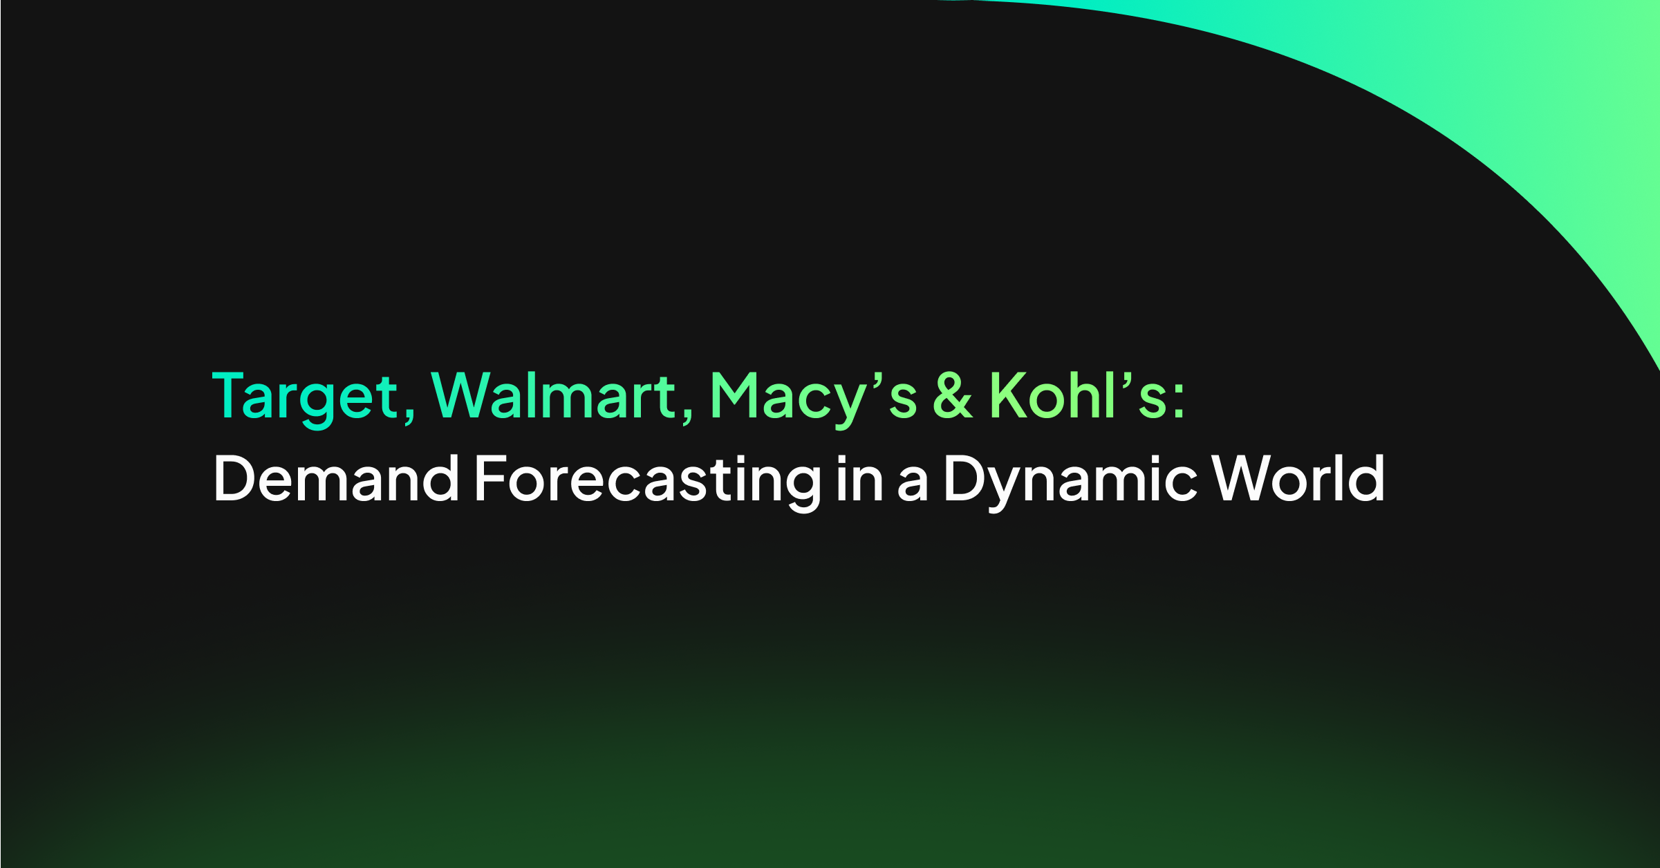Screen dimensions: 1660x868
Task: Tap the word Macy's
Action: point(814,399)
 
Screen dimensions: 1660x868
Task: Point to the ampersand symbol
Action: point(953,395)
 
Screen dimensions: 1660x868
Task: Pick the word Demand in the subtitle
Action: point(337,478)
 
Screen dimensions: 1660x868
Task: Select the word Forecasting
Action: point(648,482)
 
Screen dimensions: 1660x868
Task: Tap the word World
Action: point(1298,478)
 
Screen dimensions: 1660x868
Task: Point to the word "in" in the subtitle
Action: point(860,478)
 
